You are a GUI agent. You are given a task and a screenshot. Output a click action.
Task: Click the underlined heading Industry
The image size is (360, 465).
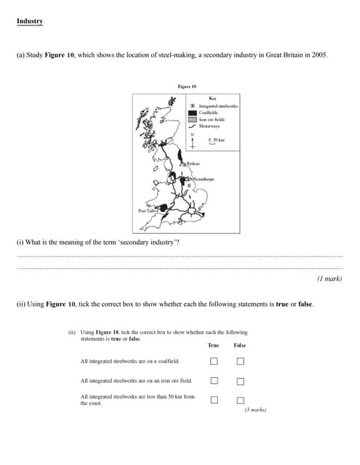pos(30,21)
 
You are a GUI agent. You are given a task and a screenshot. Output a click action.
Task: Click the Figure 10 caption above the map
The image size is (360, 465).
pos(187,86)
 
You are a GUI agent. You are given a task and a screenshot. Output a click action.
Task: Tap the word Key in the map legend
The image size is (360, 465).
pos(212,99)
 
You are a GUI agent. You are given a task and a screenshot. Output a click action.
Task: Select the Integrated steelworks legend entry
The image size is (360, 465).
pos(217,106)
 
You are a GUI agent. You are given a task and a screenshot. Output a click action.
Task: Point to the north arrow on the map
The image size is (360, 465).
pos(192,140)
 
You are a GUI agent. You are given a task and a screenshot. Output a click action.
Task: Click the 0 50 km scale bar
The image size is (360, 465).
pos(216,140)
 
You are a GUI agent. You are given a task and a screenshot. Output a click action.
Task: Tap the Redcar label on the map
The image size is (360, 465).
pos(193,164)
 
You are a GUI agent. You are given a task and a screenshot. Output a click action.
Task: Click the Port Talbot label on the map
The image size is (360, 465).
pos(148,211)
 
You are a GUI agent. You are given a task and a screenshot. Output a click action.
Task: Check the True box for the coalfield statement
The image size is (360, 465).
pos(214,361)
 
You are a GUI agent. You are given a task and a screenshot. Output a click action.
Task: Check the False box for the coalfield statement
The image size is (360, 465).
pos(240,361)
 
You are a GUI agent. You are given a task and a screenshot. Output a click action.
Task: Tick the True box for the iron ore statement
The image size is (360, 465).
pos(214,380)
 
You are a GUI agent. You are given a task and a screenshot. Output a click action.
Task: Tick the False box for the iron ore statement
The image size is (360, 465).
pos(240,380)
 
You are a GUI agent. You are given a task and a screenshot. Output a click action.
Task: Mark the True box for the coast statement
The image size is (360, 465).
pos(214,399)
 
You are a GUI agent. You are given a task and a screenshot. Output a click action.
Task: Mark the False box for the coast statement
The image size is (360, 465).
pos(240,399)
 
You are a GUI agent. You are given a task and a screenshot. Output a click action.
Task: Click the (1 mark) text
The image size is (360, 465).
pos(329,278)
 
